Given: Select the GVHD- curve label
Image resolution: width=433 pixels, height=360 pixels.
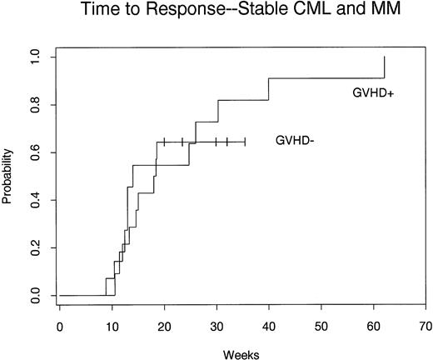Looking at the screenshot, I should click(x=294, y=142).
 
